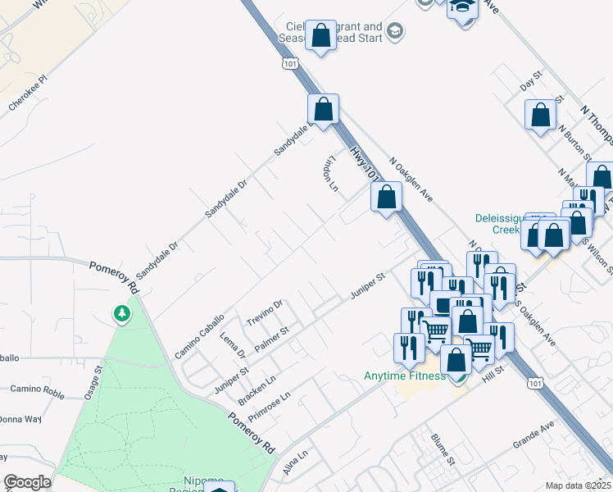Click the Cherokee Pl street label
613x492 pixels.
29,94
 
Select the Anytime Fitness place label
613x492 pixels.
405,376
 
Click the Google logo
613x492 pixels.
27,482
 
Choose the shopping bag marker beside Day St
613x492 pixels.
540,116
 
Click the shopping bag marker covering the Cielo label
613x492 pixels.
321,36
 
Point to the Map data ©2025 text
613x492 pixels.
579,485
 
